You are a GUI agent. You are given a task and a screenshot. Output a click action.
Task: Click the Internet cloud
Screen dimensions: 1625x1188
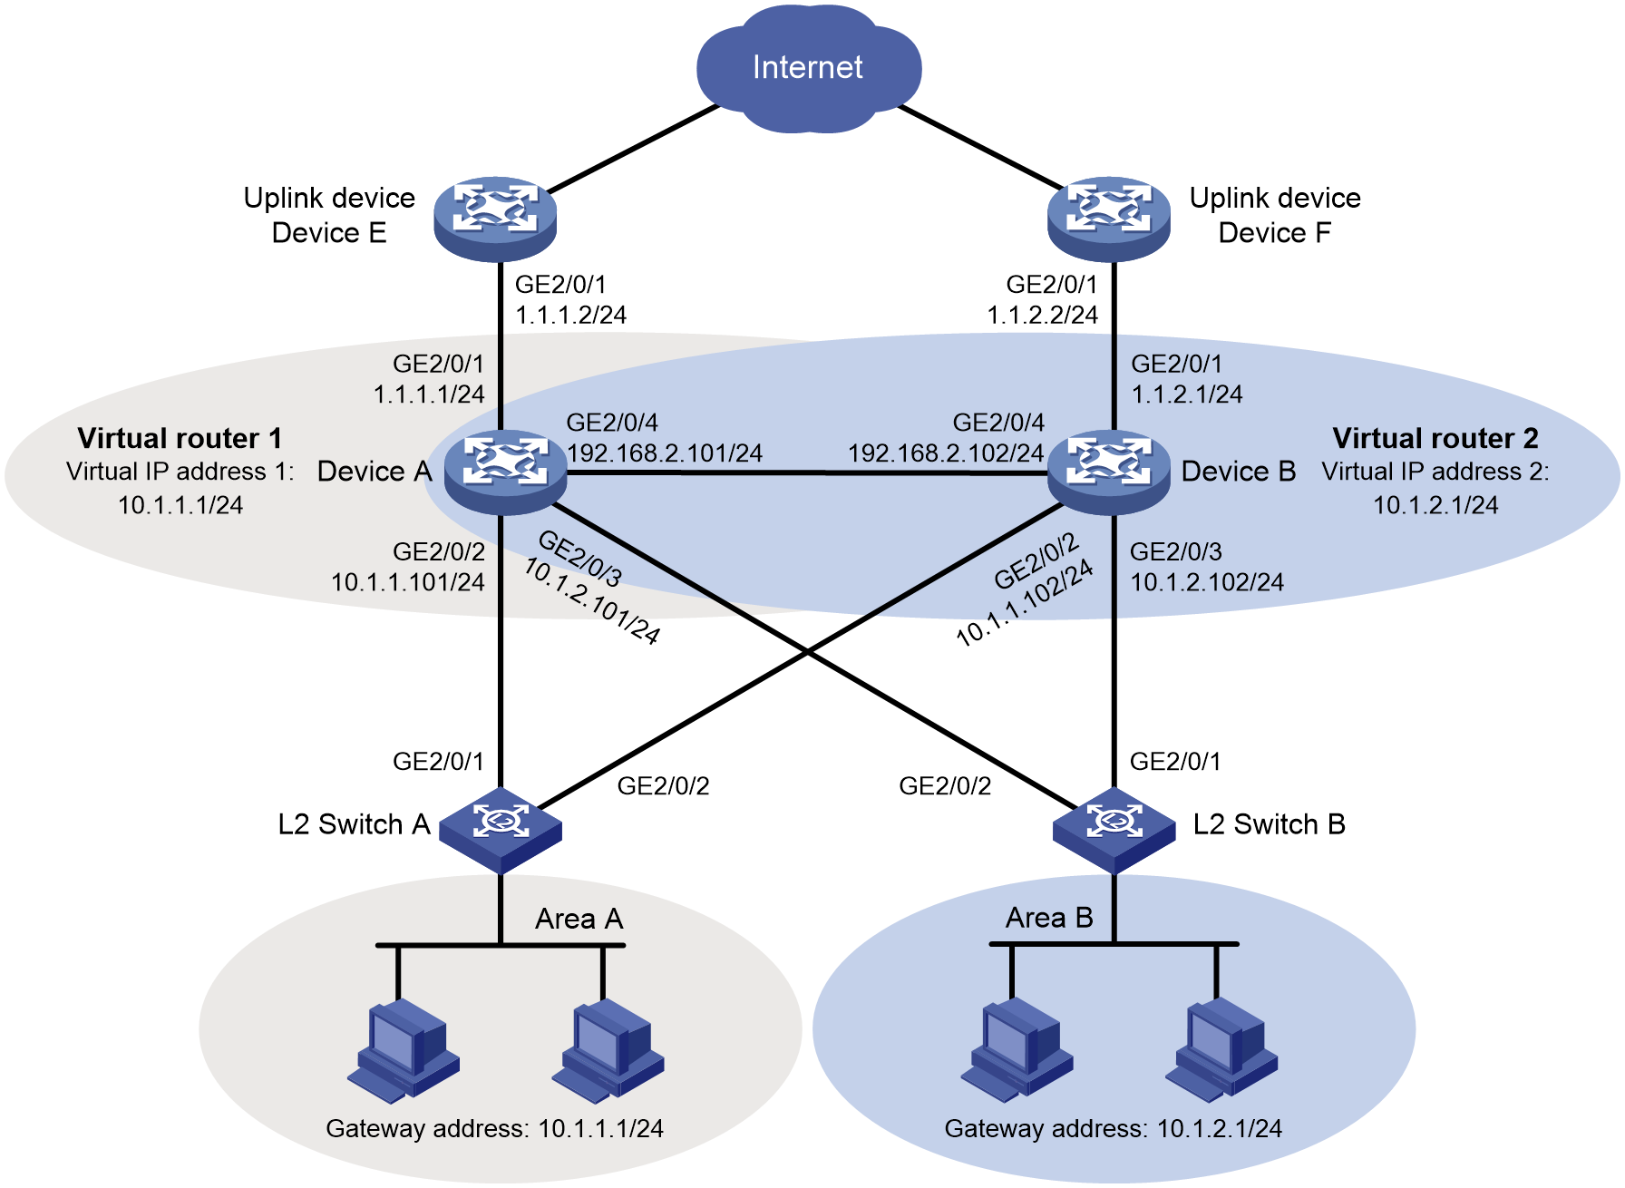(x=808, y=69)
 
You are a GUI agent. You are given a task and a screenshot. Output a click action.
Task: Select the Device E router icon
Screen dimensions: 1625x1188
(x=495, y=219)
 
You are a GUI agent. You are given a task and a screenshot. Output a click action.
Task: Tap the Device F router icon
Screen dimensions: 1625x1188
(x=1109, y=219)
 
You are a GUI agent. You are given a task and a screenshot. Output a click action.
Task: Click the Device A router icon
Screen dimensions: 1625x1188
(x=505, y=472)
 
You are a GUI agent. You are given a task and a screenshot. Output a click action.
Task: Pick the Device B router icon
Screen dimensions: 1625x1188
(x=1109, y=472)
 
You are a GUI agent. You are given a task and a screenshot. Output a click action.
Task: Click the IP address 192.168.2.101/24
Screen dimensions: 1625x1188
(x=665, y=453)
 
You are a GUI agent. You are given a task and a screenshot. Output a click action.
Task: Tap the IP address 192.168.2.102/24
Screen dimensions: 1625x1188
(x=946, y=453)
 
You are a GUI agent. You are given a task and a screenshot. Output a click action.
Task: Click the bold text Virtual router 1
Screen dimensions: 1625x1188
(x=180, y=438)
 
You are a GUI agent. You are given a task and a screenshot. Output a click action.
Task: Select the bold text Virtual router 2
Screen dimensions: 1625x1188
(x=1435, y=438)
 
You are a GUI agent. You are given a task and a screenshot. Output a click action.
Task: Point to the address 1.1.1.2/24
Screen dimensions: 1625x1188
(x=571, y=315)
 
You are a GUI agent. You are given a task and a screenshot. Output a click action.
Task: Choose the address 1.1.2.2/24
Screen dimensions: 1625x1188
(x=1043, y=315)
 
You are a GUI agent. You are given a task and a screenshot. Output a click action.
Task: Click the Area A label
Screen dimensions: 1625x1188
(x=579, y=919)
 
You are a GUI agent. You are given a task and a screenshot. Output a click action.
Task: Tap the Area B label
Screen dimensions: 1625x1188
(x=1049, y=918)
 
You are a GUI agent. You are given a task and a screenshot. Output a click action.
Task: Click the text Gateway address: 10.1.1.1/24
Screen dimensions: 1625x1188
(x=495, y=1128)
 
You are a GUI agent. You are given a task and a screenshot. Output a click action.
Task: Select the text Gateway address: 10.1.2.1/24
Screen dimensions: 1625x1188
(x=1114, y=1128)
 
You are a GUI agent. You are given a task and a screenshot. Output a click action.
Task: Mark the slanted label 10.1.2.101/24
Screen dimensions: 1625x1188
(x=591, y=601)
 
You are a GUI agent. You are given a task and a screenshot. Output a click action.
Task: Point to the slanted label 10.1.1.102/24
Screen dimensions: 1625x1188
(x=1025, y=603)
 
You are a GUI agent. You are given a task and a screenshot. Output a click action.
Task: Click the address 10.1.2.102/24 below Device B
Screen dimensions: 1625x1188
(x=1207, y=582)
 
